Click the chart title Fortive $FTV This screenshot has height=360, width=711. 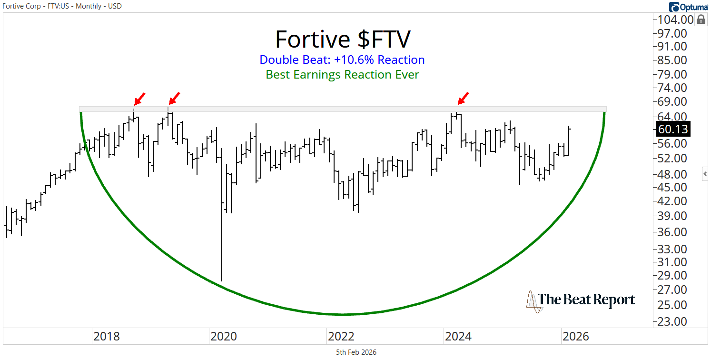pyautogui.click(x=342, y=39)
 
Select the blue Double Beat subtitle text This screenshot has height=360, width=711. pyautogui.click(x=342, y=60)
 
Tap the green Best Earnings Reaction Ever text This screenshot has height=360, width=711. pyautogui.click(x=342, y=75)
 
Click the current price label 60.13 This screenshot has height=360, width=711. pyautogui.click(x=673, y=129)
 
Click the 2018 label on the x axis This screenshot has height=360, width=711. pyautogui.click(x=106, y=337)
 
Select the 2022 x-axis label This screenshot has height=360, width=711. pyautogui.click(x=341, y=337)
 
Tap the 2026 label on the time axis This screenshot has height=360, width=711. pyautogui.click(x=575, y=337)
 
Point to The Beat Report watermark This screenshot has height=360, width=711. pyautogui.click(x=581, y=300)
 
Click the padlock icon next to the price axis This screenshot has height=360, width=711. pyautogui.click(x=701, y=20)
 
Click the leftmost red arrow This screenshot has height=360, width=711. pyautogui.click(x=139, y=99)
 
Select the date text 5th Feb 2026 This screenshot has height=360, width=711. pyautogui.click(x=356, y=352)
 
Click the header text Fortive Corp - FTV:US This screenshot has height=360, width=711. pyautogui.click(x=43, y=6)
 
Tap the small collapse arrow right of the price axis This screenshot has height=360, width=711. pyautogui.click(x=705, y=174)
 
